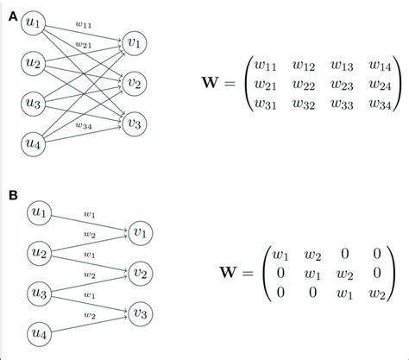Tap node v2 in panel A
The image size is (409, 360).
pos(135,84)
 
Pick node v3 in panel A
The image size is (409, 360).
pos(135,123)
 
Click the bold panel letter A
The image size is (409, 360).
pos(10,11)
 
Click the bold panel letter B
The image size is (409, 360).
pos(10,195)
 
